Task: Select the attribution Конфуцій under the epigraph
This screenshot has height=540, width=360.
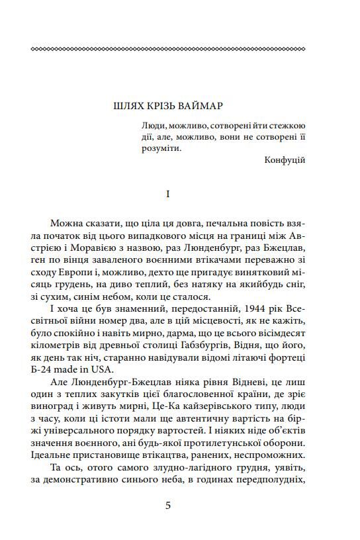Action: point(285,159)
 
